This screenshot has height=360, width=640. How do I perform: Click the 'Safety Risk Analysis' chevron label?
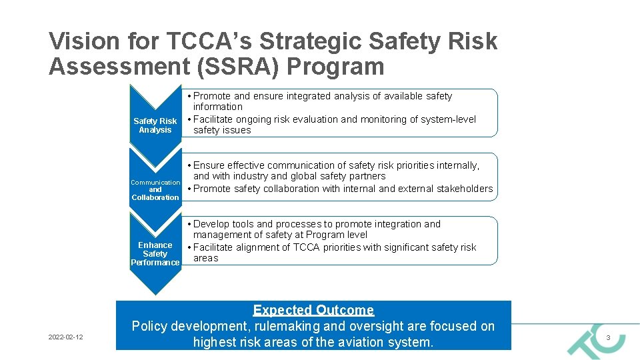tap(155, 125)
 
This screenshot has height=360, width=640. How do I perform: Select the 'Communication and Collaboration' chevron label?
tap(155, 190)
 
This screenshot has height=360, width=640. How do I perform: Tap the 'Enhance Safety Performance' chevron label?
tap(155, 254)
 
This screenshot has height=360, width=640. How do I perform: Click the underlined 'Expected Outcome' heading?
tap(313, 310)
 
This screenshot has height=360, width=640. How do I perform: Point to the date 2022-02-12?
tap(66, 337)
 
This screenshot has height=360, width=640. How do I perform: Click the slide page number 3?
tap(608, 339)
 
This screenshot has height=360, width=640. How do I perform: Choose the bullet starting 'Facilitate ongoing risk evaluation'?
tap(334, 125)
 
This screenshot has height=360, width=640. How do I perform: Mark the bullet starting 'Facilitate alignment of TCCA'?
tap(334, 253)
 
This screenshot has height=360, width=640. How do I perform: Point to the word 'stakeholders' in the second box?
tap(465, 189)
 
